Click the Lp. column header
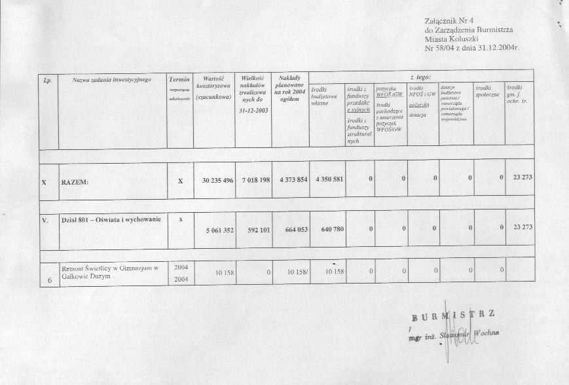[x=47, y=80]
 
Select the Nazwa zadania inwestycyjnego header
[x=112, y=80]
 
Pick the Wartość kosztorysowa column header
[x=214, y=87]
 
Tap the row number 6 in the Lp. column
[x=50, y=281]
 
